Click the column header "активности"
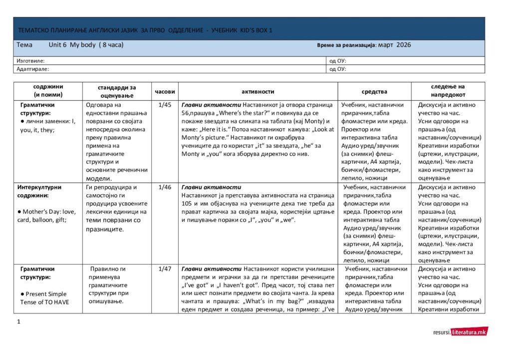tap(258, 92)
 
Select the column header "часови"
tap(165, 92)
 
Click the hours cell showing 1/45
tap(165, 105)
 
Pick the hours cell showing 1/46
tap(165, 187)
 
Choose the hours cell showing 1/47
tap(165, 269)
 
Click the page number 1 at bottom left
tap(18, 322)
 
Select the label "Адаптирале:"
tap(32, 69)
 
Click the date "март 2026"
tap(395, 45)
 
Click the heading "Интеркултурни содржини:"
tap(39, 191)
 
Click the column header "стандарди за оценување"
tap(117, 92)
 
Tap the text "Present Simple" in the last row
tap(46, 294)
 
